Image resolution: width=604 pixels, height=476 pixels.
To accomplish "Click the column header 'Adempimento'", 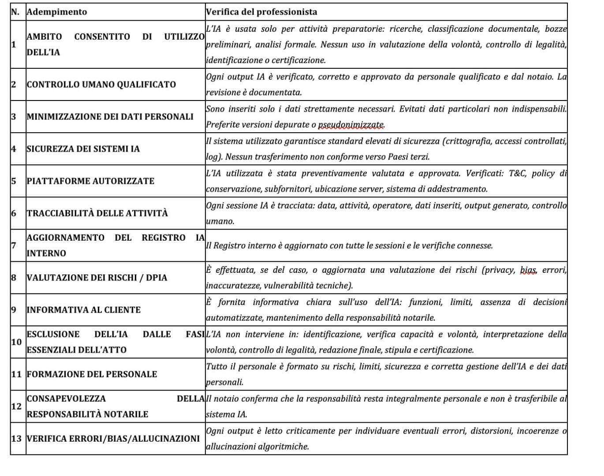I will pyautogui.click(x=57, y=12).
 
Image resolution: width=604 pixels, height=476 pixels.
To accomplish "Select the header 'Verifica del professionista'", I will pyautogui.click(x=261, y=12).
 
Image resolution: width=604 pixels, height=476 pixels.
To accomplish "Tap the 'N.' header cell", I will pyautogui.click(x=15, y=12).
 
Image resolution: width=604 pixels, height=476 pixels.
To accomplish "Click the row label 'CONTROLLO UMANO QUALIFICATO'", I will pyautogui.click(x=101, y=85).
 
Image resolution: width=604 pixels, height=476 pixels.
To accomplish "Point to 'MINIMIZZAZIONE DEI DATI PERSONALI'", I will pyautogui.click(x=110, y=117).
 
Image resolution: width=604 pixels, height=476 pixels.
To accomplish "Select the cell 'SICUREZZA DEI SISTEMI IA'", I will pyautogui.click(x=83, y=149).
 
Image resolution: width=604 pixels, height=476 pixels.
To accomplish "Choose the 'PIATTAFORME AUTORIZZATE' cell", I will pyautogui.click(x=91, y=181).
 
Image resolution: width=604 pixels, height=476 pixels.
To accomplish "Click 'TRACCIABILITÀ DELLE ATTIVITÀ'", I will pyautogui.click(x=97, y=213).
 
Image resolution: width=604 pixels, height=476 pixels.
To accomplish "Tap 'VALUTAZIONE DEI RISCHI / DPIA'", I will pyautogui.click(x=97, y=278).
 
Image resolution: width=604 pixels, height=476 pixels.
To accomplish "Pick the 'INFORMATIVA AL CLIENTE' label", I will pyautogui.click(x=84, y=310).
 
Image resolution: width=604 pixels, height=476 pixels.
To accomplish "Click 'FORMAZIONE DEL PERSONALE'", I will pyautogui.click(x=92, y=374).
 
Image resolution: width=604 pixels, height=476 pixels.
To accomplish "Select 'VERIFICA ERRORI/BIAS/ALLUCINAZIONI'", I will pyautogui.click(x=113, y=439).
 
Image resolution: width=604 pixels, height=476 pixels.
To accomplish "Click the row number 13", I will pyautogui.click(x=16, y=439).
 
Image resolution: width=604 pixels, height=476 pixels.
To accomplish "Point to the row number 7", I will pyautogui.click(x=14, y=245).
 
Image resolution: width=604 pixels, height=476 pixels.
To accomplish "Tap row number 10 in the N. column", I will pyautogui.click(x=16, y=342).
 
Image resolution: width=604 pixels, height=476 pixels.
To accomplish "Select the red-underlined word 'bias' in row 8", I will pyautogui.click(x=528, y=270).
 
